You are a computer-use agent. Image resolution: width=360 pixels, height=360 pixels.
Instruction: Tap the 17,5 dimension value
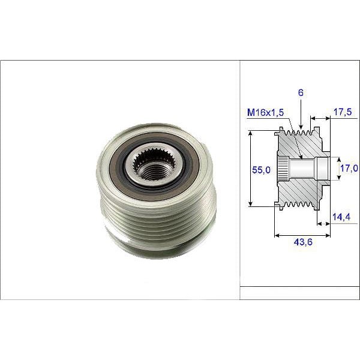pos(343,111)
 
